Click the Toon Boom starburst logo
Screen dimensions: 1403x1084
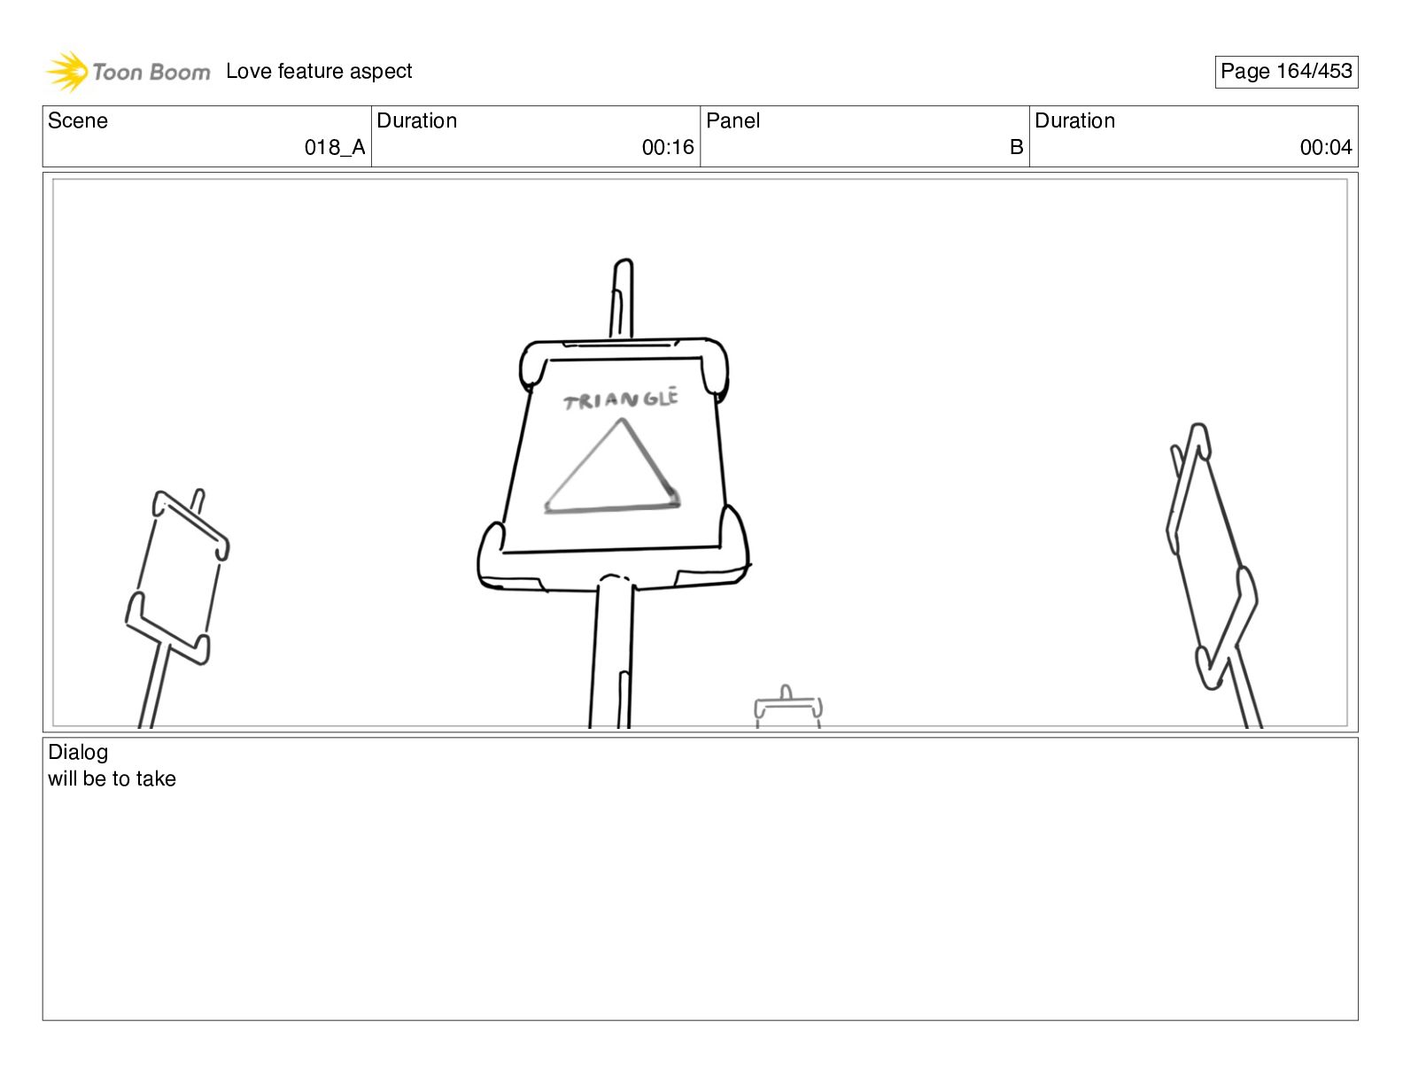pyautogui.click(x=67, y=71)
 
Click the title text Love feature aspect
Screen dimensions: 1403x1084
pyautogui.click(x=318, y=71)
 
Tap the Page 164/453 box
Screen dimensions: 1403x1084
pyautogui.click(x=1285, y=72)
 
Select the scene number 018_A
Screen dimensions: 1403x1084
pyautogui.click(x=335, y=148)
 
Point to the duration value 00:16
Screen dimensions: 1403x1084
pyautogui.click(x=668, y=148)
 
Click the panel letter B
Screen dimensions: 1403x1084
pyautogui.click(x=1016, y=148)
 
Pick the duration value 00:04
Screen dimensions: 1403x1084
pyautogui.click(x=1326, y=148)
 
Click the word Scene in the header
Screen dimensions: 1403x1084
pyautogui.click(x=77, y=120)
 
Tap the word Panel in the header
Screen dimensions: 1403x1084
pyautogui.click(x=733, y=120)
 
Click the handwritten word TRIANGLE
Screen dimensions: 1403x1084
pyautogui.click(x=621, y=399)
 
